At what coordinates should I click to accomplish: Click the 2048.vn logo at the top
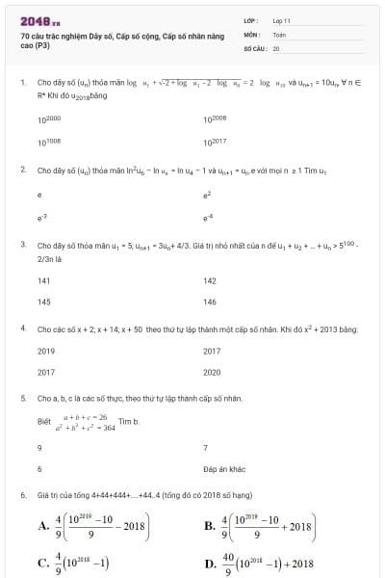tap(40, 19)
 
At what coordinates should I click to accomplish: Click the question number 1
tap(22, 83)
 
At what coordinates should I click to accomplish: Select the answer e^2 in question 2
tap(207, 194)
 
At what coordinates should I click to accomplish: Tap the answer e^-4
tap(207, 217)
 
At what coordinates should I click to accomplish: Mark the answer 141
tap(43, 280)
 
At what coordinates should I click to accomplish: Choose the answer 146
tap(210, 302)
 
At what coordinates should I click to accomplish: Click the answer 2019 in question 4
tap(46, 351)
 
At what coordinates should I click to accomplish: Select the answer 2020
tap(213, 372)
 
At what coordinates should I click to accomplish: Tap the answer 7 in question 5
tap(206, 447)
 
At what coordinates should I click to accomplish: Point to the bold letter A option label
tap(44, 526)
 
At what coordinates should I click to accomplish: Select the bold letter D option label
tap(210, 564)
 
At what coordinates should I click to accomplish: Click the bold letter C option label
tap(44, 564)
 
